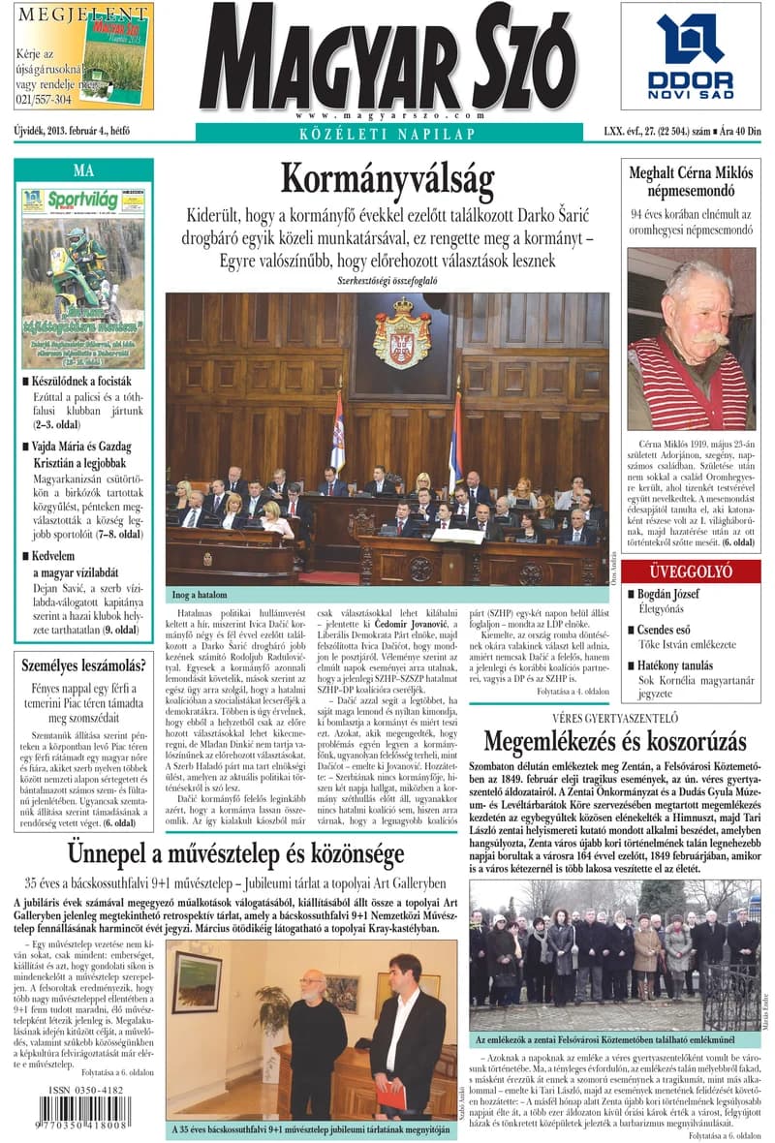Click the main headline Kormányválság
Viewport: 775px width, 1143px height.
tap(387, 181)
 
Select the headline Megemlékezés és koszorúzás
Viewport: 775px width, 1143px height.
tap(615, 742)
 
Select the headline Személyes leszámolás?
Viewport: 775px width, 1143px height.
tap(83, 665)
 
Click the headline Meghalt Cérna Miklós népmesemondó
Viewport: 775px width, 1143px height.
tap(691, 181)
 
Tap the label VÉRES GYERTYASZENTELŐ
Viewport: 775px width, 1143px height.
tap(614, 719)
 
